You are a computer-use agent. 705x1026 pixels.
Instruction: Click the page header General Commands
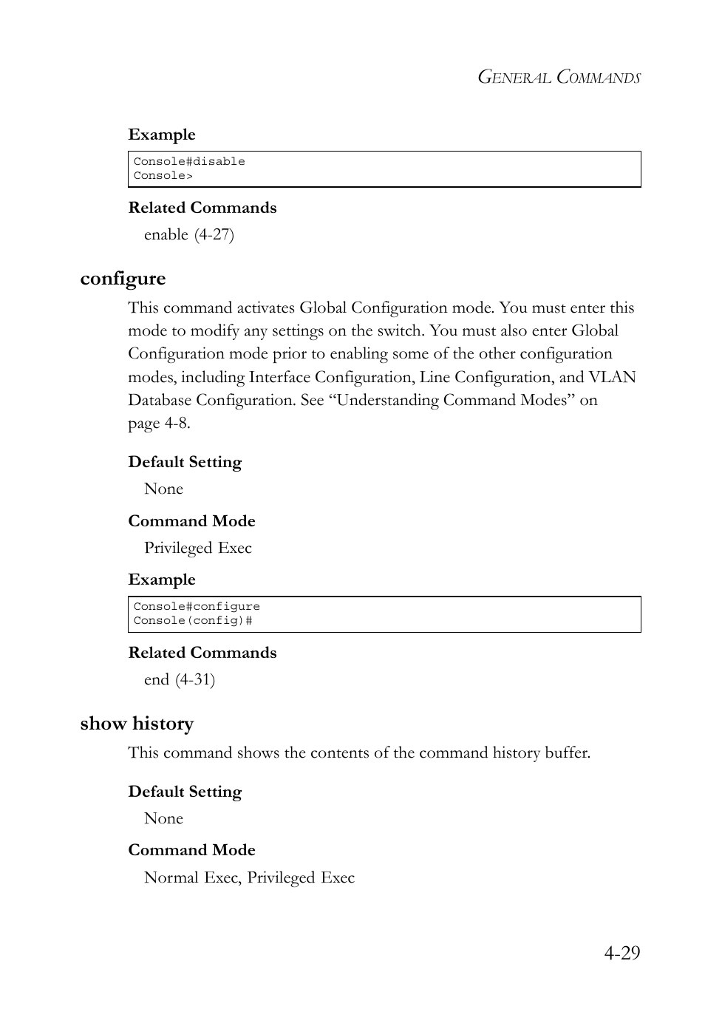[x=559, y=78]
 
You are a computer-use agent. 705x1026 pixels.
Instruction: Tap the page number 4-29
[x=621, y=952]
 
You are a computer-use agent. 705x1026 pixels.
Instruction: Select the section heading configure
[x=123, y=279]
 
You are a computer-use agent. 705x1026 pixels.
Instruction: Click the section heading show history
[x=137, y=724]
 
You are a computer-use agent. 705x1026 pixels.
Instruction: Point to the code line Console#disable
[x=189, y=161]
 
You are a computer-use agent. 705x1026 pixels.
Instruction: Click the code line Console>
[x=163, y=175]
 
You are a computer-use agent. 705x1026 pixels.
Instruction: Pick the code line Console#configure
[x=197, y=606]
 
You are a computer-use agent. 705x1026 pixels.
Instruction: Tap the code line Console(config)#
[x=193, y=620]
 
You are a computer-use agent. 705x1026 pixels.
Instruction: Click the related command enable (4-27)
[x=188, y=234]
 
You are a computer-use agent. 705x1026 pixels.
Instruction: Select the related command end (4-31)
[x=180, y=679]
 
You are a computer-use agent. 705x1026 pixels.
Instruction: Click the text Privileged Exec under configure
[x=197, y=548]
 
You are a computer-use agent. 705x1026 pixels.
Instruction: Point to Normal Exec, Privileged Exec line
[x=249, y=877]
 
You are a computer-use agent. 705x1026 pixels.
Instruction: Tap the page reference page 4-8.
[x=159, y=423]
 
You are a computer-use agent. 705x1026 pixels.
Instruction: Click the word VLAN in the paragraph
[x=612, y=377]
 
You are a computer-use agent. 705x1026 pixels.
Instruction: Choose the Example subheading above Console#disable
[x=162, y=135]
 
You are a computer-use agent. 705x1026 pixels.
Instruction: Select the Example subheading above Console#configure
[x=162, y=580]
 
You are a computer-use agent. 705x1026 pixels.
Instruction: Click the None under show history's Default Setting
[x=163, y=818]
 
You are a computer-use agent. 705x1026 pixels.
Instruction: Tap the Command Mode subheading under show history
[x=191, y=850]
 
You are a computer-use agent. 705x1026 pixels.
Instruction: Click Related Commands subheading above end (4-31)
[x=202, y=653]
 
